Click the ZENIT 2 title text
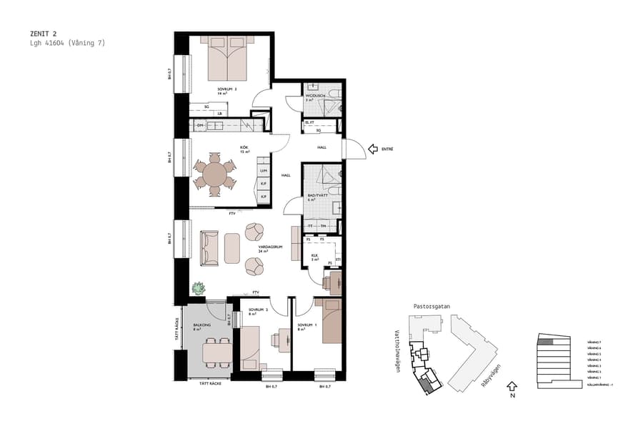46,33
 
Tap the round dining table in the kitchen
214,174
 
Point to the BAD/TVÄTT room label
317,195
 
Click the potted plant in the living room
198,287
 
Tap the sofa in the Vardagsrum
209,247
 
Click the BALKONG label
202,325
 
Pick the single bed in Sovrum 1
331,322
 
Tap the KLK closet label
314,255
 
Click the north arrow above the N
512,387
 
